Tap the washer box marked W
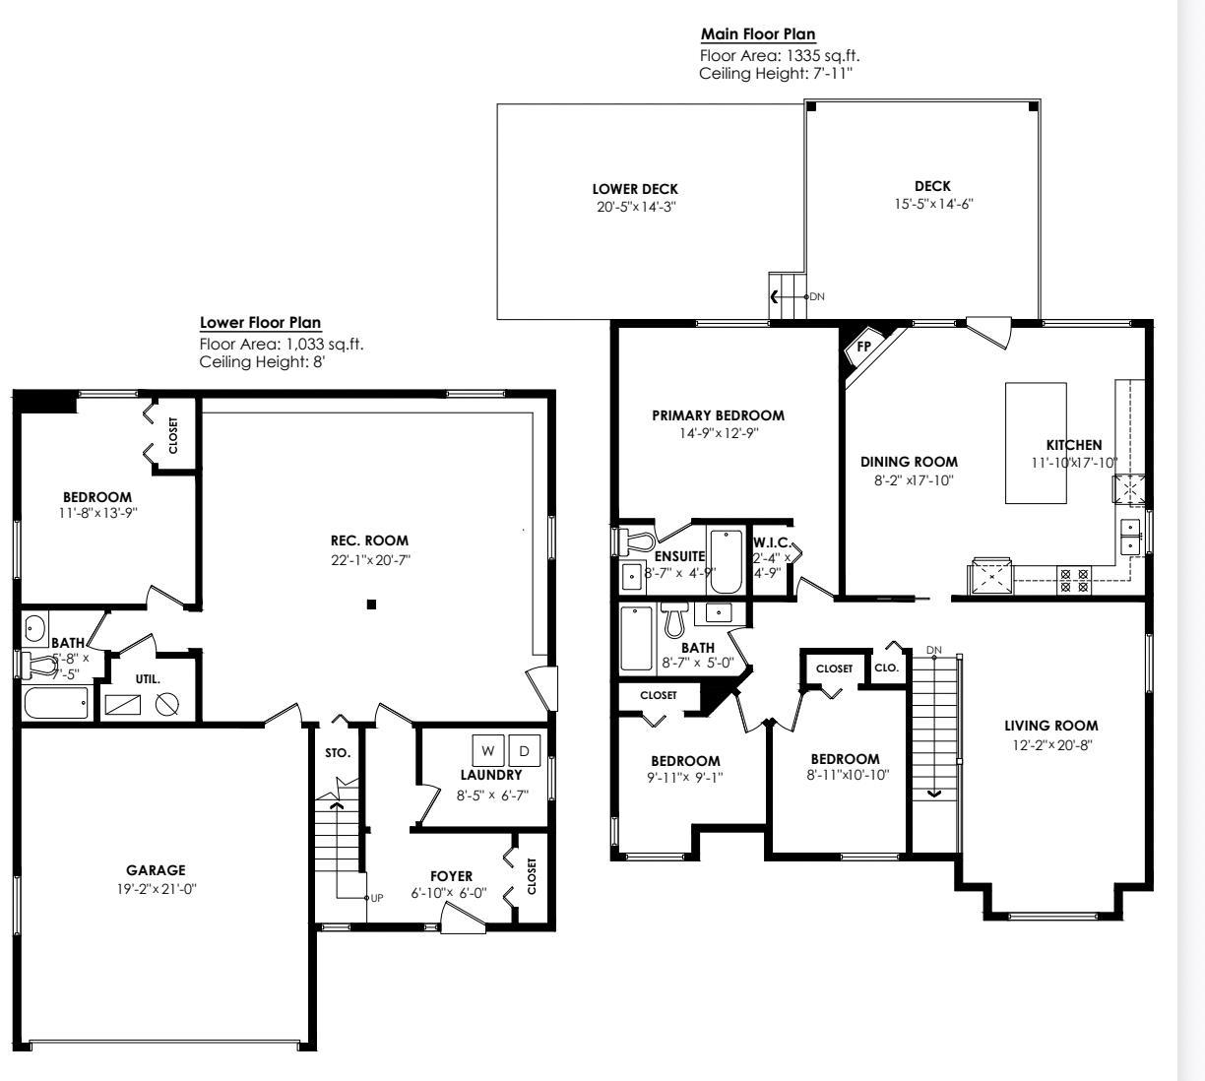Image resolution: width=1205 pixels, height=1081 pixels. point(488,750)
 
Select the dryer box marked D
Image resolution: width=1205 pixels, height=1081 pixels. point(524,750)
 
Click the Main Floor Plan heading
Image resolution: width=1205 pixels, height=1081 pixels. point(758,34)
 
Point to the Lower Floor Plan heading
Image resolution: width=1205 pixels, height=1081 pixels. point(260,322)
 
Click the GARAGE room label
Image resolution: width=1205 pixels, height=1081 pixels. point(156,870)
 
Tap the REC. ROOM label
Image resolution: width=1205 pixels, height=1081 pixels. point(369,540)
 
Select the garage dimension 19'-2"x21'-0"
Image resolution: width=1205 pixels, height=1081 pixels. point(156,888)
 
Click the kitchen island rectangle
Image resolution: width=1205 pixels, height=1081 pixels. point(1036,443)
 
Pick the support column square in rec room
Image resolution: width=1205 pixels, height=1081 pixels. point(371,604)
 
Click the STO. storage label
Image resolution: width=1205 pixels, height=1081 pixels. point(338,753)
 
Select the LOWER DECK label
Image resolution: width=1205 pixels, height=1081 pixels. point(635,189)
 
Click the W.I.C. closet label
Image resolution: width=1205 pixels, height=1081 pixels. point(772,542)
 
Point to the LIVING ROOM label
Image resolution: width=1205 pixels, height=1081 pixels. point(1050,726)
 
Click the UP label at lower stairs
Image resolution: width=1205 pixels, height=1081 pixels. point(376,898)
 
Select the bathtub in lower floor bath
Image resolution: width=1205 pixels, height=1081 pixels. point(56,703)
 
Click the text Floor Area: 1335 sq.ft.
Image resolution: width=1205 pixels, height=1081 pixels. point(772,56)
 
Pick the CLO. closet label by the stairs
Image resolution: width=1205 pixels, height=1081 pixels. point(886,668)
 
